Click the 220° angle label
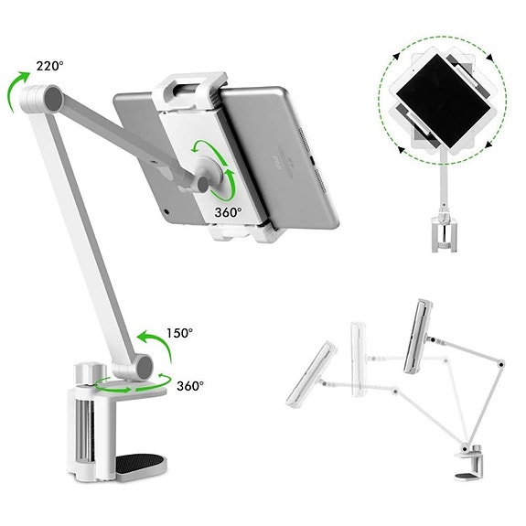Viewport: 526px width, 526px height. (49, 66)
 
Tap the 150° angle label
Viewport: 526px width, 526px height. (179, 333)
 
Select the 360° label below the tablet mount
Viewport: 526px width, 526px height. (228, 212)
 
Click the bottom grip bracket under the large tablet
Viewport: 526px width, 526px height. (240, 231)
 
